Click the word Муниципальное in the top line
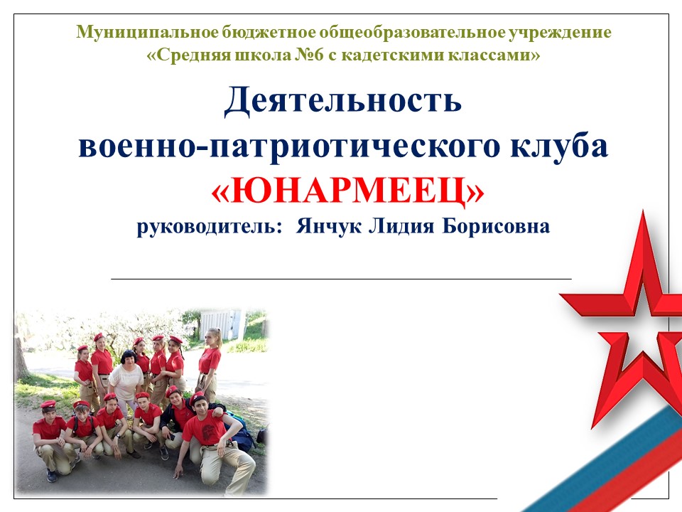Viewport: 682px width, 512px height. coord(148,33)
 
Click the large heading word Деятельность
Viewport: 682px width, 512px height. coord(343,100)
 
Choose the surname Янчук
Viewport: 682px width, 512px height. coord(328,226)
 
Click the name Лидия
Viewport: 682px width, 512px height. coord(401,226)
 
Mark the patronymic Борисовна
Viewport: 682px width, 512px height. coord(496,226)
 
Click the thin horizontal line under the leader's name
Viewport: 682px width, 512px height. coord(341,278)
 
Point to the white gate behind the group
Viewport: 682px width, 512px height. coord(220,324)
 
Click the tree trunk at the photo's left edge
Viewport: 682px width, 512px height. coord(21,357)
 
